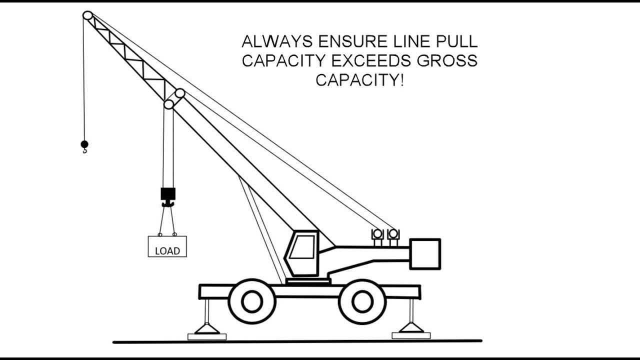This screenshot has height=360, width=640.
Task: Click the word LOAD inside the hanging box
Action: coord(167,251)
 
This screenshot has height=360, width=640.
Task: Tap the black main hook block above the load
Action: coord(168,194)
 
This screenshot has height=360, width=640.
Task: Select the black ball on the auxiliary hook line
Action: coord(84,144)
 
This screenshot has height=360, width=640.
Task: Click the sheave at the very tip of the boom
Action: coord(88,15)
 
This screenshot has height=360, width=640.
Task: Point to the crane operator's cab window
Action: coord(302,247)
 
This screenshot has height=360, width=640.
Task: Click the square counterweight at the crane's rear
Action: coord(425,254)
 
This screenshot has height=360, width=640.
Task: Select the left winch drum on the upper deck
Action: coord(377,234)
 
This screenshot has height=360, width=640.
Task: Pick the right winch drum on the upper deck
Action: coord(393,234)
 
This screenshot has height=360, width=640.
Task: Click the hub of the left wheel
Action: coord(252,301)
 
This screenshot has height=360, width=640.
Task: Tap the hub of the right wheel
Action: coord(362,301)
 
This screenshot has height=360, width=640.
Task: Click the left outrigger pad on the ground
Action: coord(207,336)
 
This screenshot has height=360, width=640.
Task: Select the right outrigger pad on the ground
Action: coord(411,335)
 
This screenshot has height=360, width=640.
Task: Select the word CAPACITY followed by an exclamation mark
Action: coord(359,79)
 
